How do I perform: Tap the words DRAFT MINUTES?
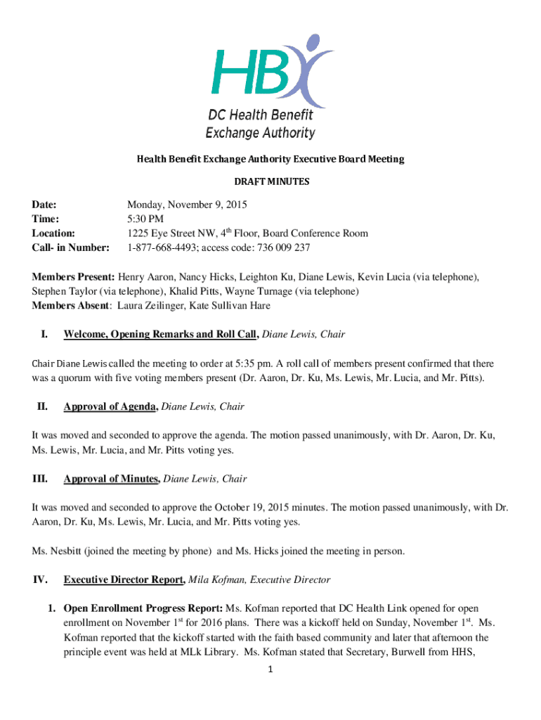pyautogui.click(x=270, y=181)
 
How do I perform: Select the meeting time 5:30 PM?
pyautogui.click(x=145, y=219)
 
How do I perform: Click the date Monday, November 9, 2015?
pyautogui.click(x=187, y=205)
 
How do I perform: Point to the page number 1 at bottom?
pyautogui.click(x=270, y=669)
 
